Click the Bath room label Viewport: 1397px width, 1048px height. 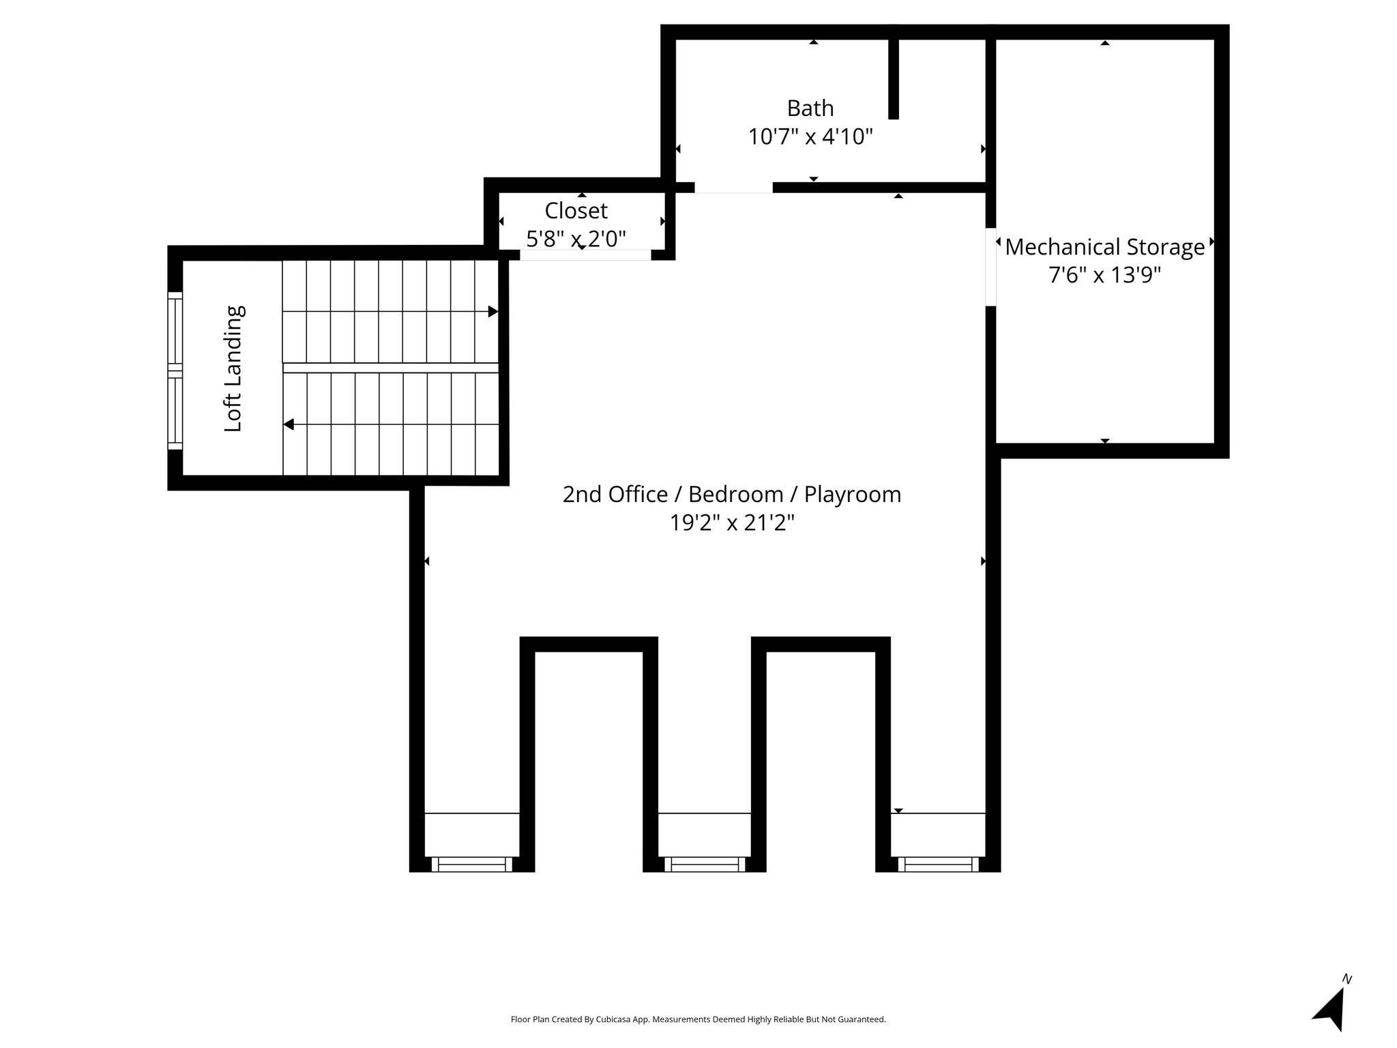tap(810, 108)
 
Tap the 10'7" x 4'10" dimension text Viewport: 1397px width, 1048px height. tap(810, 137)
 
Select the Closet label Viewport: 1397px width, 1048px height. tap(576, 211)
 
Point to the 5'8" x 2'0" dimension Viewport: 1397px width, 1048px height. tap(576, 239)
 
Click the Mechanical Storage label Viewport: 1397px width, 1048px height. tap(1105, 247)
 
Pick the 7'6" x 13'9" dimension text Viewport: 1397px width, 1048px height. tap(1105, 275)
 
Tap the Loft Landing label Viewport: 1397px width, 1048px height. tap(233, 368)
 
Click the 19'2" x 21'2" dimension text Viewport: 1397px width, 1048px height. tap(732, 523)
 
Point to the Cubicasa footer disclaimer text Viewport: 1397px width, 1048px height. tap(698, 1019)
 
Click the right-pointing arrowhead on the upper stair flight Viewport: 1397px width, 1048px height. tap(493, 312)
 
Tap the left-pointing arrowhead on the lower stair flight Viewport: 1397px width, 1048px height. tap(289, 424)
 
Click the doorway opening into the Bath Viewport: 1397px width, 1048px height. tap(734, 188)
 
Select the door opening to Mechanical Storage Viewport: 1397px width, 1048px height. tap(991, 267)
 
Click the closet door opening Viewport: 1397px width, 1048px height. tap(586, 255)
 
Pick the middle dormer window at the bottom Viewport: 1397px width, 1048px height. tap(705, 864)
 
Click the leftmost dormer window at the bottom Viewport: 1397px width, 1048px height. tap(472, 864)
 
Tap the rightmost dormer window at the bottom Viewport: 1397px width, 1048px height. tap(938, 864)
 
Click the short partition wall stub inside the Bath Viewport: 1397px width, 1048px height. tap(894, 78)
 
